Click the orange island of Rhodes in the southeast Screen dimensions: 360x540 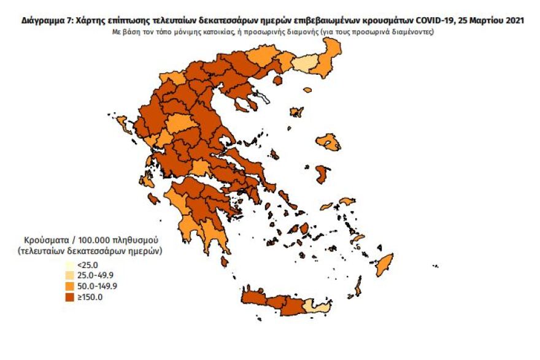(384, 265)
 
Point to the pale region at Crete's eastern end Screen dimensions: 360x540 (319, 306)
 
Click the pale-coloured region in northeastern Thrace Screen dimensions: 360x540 (305, 64)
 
